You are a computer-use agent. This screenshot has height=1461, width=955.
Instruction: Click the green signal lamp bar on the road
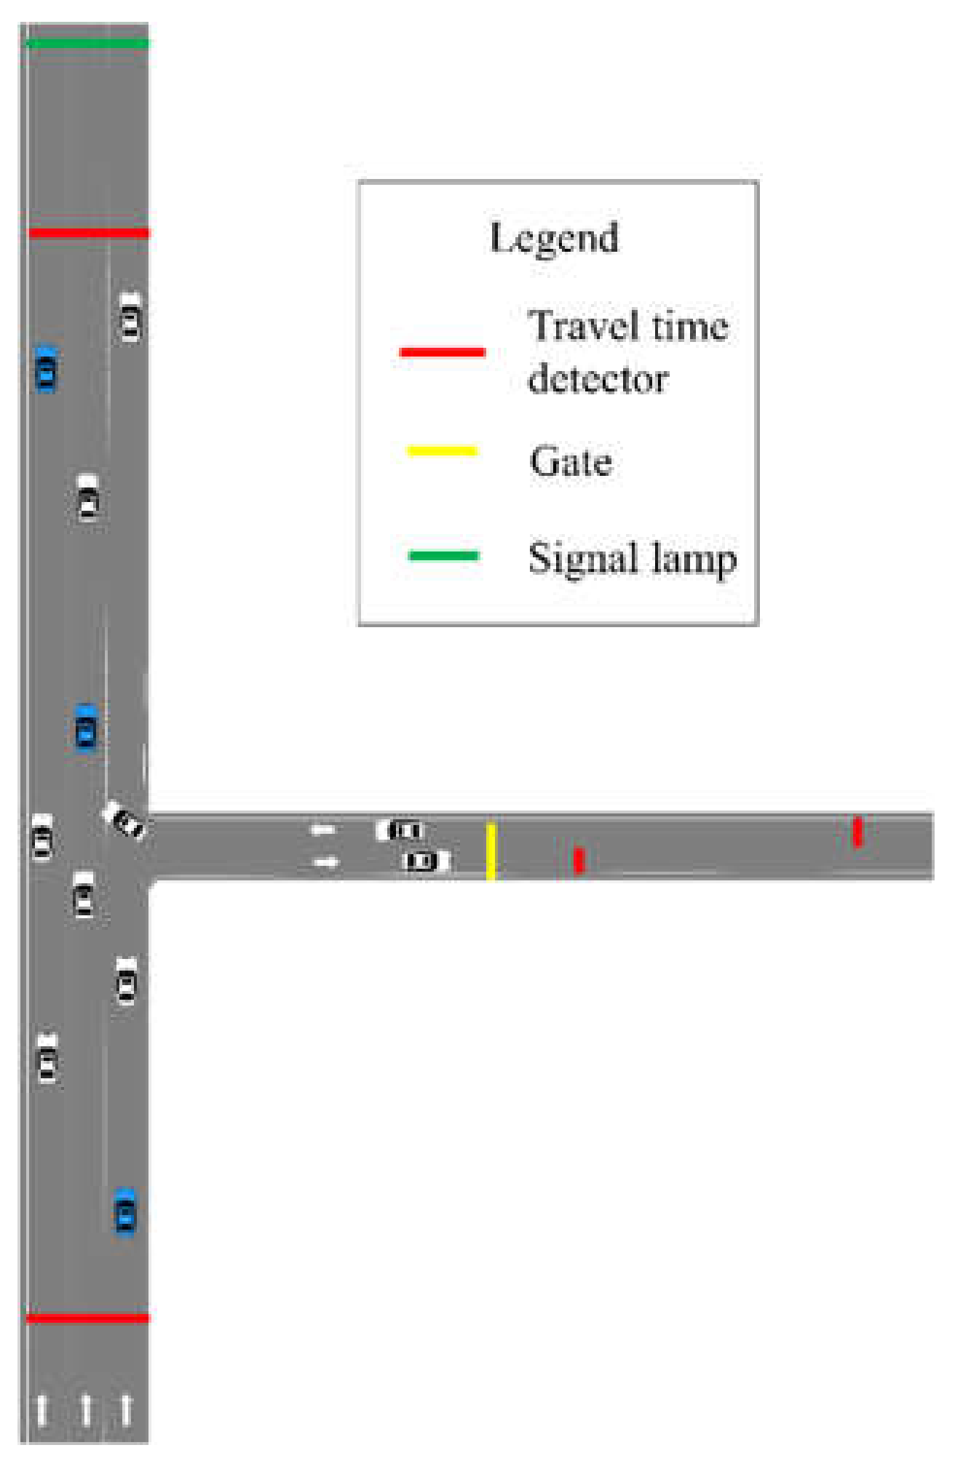[x=87, y=43]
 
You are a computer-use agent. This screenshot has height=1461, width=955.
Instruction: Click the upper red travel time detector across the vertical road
[x=89, y=233]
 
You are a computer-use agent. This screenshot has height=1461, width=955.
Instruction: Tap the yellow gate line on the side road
[x=491, y=851]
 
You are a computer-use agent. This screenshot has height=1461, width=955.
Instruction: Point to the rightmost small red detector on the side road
[x=857, y=832]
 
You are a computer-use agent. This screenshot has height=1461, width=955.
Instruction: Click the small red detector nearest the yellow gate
[x=579, y=860]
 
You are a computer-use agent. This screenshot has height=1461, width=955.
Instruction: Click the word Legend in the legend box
[x=554, y=238]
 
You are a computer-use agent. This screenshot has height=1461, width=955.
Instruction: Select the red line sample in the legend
[x=442, y=352]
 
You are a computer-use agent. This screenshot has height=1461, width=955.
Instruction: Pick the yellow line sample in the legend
[x=442, y=451]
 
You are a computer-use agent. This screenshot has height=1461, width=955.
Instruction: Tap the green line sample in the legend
[x=443, y=556]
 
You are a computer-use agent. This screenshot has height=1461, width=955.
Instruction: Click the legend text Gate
[x=571, y=461]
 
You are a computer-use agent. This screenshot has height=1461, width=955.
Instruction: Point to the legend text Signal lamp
[x=632, y=560]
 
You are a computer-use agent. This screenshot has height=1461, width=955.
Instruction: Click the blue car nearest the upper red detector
[x=46, y=369]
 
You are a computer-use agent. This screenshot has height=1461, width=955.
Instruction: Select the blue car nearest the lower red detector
[x=125, y=1211]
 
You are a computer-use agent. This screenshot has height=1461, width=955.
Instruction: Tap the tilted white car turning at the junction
[x=124, y=820]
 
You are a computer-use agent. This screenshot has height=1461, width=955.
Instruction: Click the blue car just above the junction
[x=86, y=727]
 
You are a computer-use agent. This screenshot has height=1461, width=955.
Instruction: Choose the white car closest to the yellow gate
[x=427, y=861]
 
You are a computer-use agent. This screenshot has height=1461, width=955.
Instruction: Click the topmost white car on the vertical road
[x=130, y=317]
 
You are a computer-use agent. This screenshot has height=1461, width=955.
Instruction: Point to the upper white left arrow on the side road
[x=323, y=829]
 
